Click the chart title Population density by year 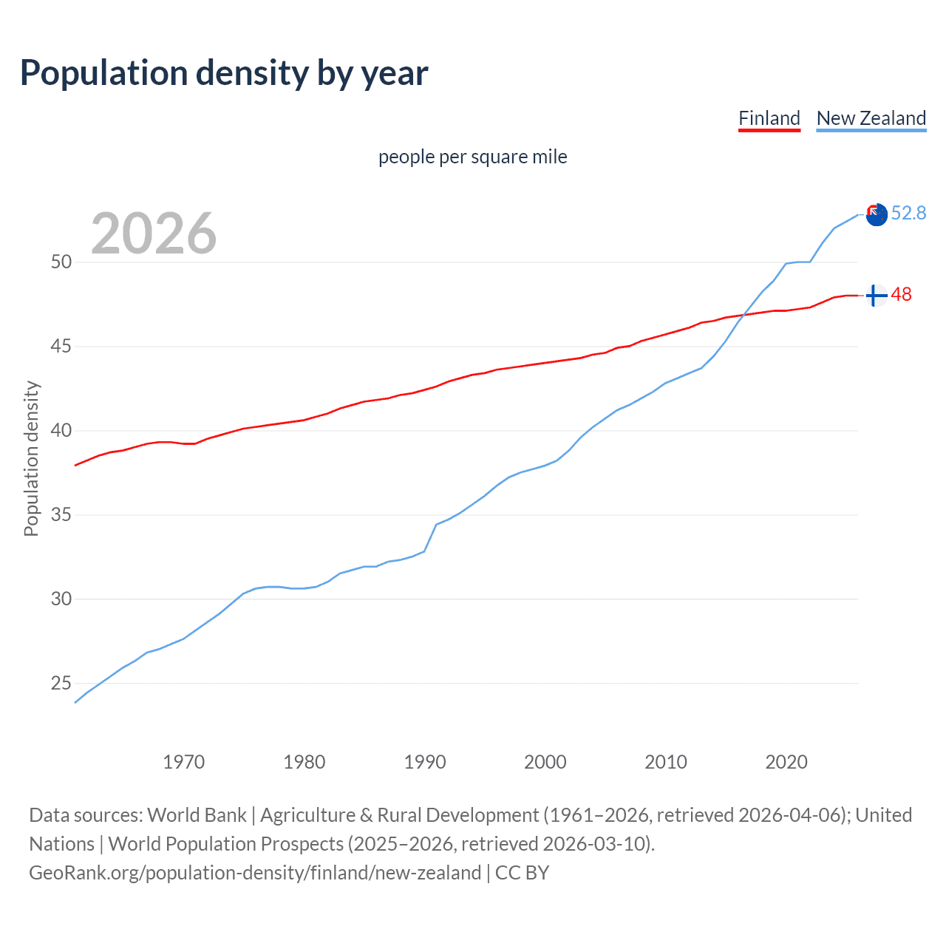(224, 73)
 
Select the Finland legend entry (769, 118)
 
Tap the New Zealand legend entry (871, 118)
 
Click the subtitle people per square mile (472, 157)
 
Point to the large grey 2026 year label (154, 234)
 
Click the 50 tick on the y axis (61, 262)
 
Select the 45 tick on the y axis (61, 347)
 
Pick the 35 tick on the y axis (61, 515)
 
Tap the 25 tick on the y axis (61, 684)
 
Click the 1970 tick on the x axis (183, 762)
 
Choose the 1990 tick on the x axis (425, 762)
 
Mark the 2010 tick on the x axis (666, 762)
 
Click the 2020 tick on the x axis (786, 762)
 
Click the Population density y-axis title (31, 458)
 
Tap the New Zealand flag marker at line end (877, 215)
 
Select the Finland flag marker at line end (876, 296)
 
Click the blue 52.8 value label (908, 214)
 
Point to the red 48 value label (901, 295)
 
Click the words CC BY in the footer (522, 873)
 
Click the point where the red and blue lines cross (744, 316)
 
